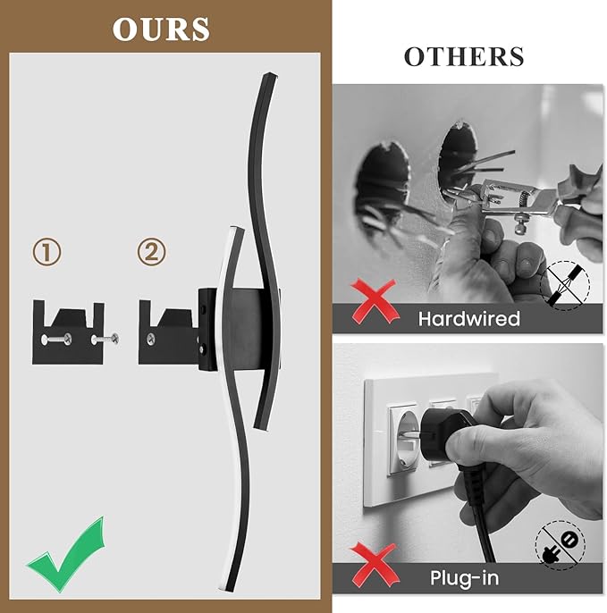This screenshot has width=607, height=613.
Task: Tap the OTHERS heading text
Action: coord(463,56)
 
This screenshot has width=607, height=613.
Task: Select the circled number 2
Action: coord(152,252)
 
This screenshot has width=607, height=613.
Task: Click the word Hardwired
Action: coord(468,318)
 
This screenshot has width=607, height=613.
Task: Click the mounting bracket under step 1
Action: coord(69,333)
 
